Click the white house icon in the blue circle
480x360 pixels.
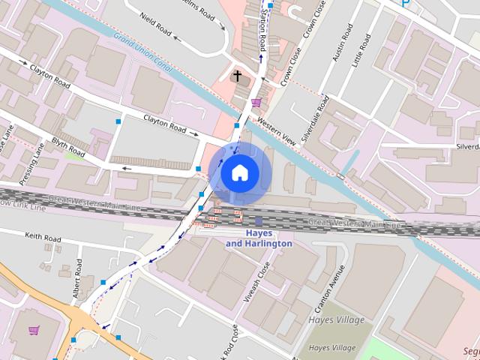point(239,173)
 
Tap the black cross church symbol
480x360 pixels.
point(238,76)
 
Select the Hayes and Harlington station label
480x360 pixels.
point(258,238)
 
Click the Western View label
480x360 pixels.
point(277,132)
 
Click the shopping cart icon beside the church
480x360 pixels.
point(256,102)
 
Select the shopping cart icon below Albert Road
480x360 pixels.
point(33,330)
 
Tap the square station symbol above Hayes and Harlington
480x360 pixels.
point(258,221)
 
